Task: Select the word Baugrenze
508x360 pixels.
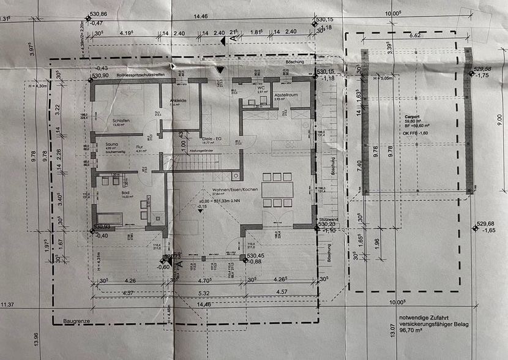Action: coord(76,320)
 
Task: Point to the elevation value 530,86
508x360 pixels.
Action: coord(99,13)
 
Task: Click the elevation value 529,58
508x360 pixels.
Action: coord(484,69)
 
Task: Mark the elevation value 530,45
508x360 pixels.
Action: coord(255,256)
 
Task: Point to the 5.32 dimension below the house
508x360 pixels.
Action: coord(203,294)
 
